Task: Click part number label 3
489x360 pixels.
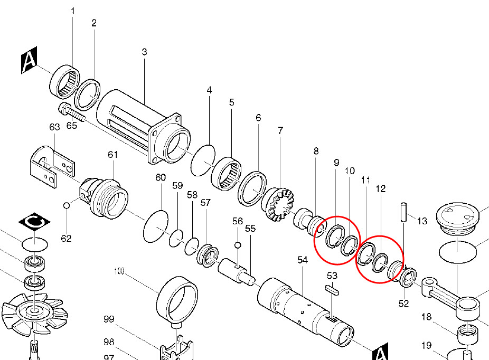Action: click(x=144, y=52)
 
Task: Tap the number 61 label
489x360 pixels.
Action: click(x=112, y=154)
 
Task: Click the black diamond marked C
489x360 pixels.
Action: click(x=34, y=224)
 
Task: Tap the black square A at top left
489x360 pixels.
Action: click(x=29, y=63)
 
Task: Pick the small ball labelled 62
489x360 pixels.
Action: click(x=67, y=205)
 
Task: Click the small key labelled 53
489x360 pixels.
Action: click(x=332, y=289)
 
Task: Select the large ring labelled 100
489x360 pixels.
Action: click(x=177, y=300)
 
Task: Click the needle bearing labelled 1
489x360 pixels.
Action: click(x=65, y=82)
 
